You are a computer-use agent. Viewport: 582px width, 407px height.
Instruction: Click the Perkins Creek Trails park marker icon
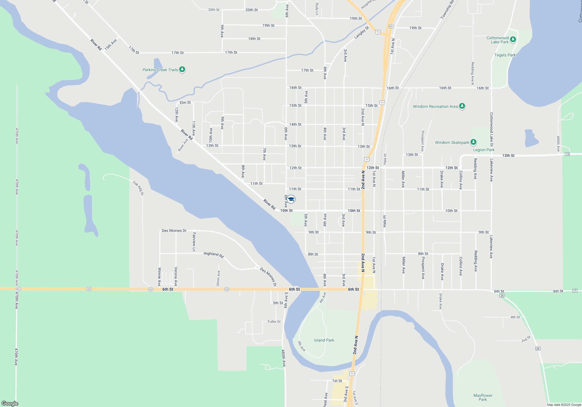click(x=182, y=69)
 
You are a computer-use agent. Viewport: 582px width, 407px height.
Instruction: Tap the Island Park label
click(x=324, y=340)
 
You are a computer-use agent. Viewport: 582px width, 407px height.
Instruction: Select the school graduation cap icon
click(x=291, y=199)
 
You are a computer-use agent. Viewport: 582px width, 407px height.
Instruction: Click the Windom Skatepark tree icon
click(x=473, y=142)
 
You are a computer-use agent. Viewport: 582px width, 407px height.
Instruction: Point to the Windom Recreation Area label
click(x=435, y=106)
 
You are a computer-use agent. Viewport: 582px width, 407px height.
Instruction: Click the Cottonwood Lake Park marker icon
click(x=513, y=39)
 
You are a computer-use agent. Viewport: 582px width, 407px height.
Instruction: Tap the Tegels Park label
click(x=505, y=55)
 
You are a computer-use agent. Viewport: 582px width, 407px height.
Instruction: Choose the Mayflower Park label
click(x=483, y=397)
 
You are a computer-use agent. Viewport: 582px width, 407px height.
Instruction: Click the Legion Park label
click(x=484, y=150)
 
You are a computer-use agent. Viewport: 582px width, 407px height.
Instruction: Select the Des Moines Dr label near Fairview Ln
click(x=174, y=231)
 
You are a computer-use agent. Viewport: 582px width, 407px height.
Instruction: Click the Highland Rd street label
click(x=214, y=255)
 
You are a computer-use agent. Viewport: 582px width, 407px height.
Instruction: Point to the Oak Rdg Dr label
click(x=138, y=188)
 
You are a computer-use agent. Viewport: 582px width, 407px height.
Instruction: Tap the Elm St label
click(x=185, y=103)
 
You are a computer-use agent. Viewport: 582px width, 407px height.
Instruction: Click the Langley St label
click(x=361, y=33)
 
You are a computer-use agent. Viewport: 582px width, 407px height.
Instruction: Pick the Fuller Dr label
click(x=274, y=322)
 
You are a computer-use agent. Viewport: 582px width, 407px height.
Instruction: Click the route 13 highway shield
click(x=567, y=154)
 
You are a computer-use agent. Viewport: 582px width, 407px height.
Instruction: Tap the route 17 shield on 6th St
click(x=575, y=291)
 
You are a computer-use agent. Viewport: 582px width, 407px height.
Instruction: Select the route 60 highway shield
click(x=391, y=26)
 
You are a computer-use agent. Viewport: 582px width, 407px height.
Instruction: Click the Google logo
click(x=10, y=403)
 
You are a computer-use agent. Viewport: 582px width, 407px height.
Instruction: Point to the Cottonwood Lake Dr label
click(x=491, y=130)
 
